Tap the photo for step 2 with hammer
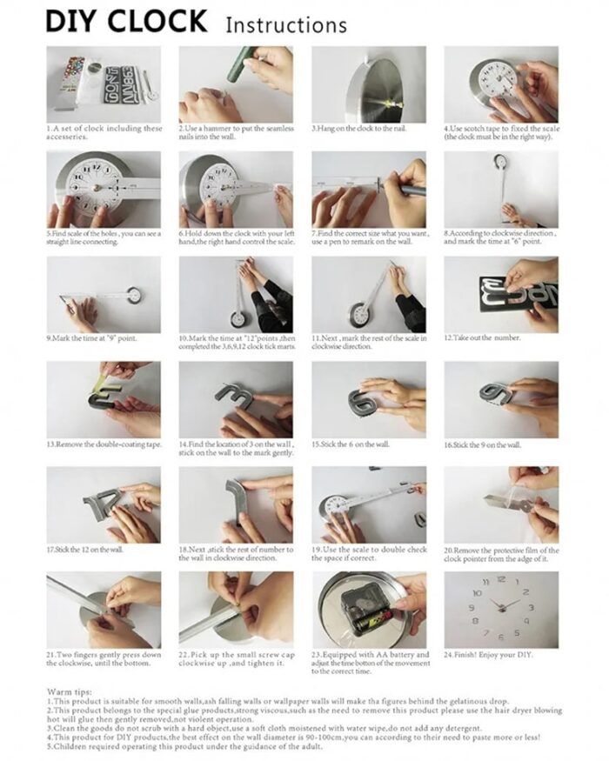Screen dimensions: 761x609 [x=235, y=83]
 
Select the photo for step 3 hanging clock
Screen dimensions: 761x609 [x=368, y=83]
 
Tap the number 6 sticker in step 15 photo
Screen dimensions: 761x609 [x=360, y=401]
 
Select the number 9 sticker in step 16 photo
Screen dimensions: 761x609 [x=496, y=397]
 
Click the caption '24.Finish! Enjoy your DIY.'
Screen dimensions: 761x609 [x=490, y=654]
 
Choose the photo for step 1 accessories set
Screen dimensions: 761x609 [x=102, y=83]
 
